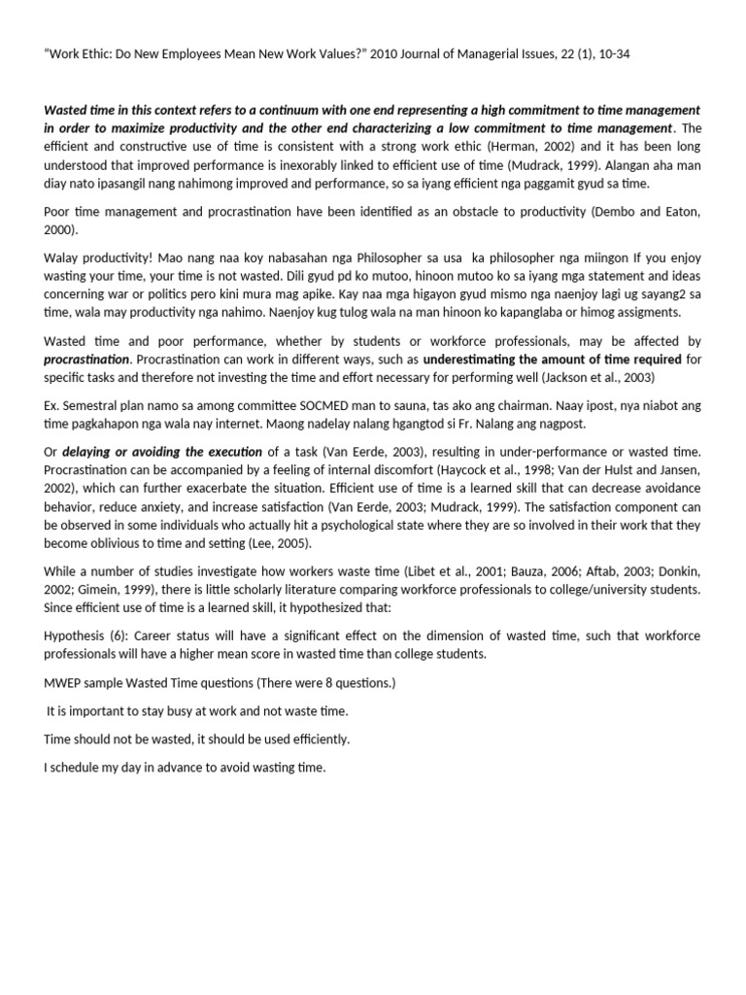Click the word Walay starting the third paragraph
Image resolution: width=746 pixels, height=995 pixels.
pyautogui.click(x=63, y=257)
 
